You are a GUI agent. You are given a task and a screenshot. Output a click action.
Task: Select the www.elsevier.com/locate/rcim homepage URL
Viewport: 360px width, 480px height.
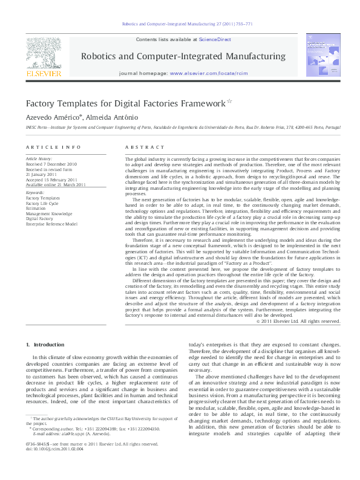tap(209, 73)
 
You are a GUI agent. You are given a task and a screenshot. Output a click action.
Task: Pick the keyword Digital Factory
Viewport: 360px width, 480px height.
tap(39, 219)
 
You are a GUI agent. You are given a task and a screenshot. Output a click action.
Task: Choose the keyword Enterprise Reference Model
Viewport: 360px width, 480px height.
tap(51, 224)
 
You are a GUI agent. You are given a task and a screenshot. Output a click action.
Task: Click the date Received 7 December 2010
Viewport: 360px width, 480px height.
tap(51, 164)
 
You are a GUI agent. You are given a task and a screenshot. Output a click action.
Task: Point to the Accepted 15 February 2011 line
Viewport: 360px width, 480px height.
tap(51, 180)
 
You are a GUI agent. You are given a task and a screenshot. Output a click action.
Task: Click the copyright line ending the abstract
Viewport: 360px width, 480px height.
tap(299, 322)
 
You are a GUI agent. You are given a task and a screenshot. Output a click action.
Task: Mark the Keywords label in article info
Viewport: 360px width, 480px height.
tap(35, 193)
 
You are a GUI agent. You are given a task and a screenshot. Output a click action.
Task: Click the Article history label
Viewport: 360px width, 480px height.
tap(39, 159)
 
